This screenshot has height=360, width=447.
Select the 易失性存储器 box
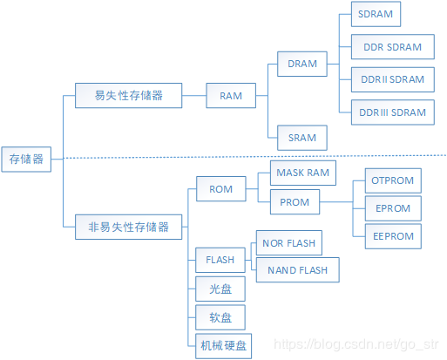click(x=127, y=94)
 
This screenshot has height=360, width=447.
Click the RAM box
click(x=231, y=94)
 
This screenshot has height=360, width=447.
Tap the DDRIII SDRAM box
click(x=392, y=112)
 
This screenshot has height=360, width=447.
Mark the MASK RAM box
click(x=302, y=173)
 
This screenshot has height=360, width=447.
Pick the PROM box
click(x=295, y=203)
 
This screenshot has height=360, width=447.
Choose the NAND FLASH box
click(x=297, y=270)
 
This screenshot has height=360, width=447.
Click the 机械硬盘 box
click(x=223, y=345)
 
